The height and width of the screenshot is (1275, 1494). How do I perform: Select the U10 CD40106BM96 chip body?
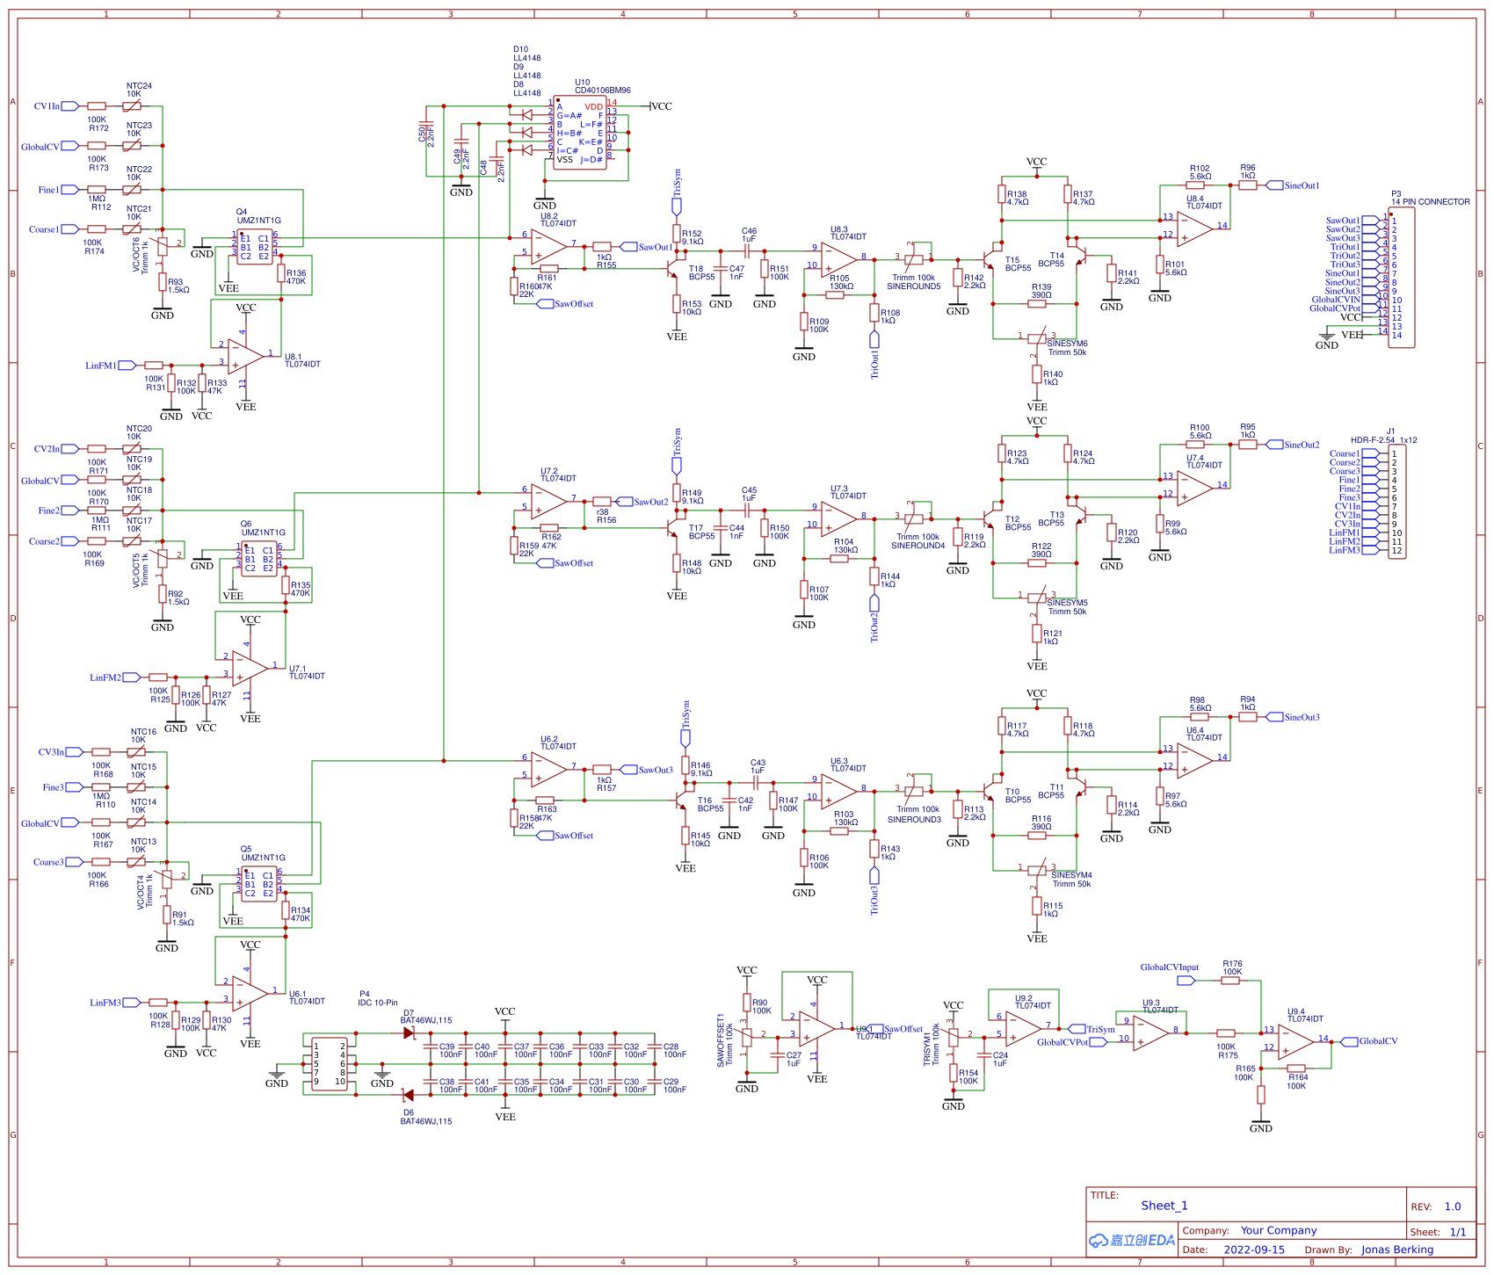pyautogui.click(x=579, y=133)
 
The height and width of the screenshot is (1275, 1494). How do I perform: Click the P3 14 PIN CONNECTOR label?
pyautogui.click(x=1430, y=201)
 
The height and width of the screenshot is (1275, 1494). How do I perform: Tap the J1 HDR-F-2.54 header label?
pyautogui.click(x=1383, y=440)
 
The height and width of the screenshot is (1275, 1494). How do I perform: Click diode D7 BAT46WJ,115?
pyautogui.click(x=409, y=1033)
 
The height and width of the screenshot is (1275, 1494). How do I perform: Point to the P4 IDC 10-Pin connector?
pyautogui.click(x=330, y=1064)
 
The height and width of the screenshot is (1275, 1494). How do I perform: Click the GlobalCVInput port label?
pyautogui.click(x=1169, y=967)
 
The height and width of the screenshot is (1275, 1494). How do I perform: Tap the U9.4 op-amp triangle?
pyautogui.click(x=1295, y=1042)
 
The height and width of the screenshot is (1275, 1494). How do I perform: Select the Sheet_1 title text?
pyautogui.click(x=1164, y=1206)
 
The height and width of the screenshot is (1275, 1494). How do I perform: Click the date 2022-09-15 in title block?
pyautogui.click(x=1254, y=1250)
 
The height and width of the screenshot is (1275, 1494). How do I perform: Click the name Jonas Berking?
pyautogui.click(x=1396, y=1250)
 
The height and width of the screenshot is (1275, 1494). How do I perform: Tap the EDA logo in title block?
pyautogui.click(x=1132, y=1240)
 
